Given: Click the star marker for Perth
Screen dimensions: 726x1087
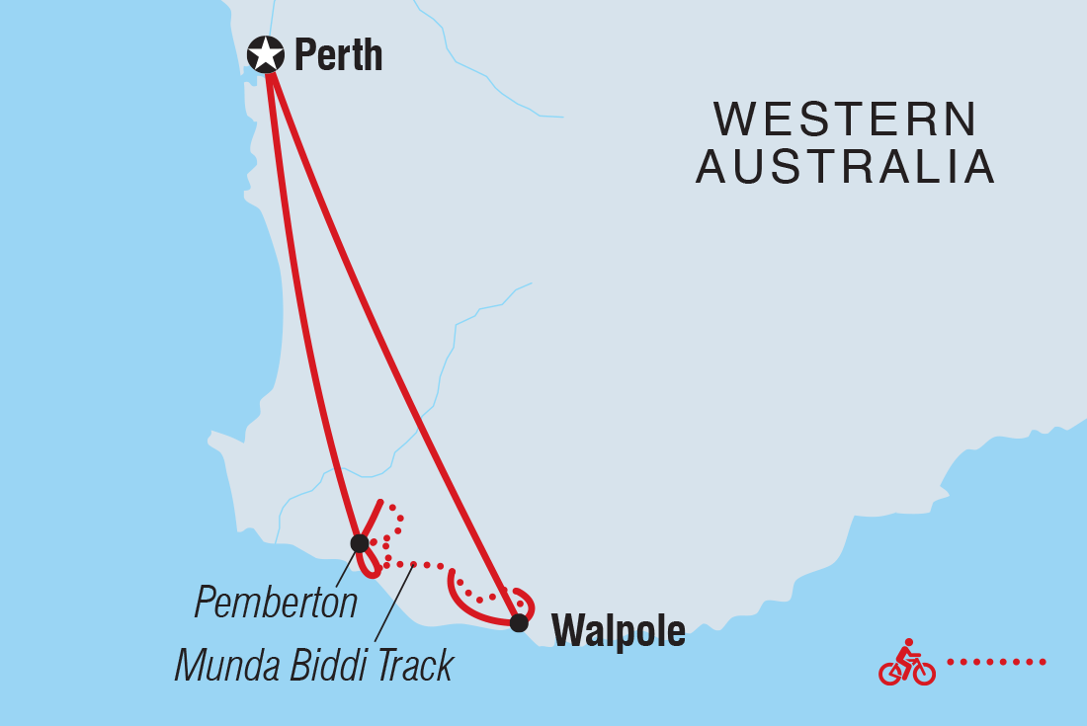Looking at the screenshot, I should click(x=265, y=54).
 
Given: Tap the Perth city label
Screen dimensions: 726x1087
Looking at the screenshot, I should click(x=338, y=55).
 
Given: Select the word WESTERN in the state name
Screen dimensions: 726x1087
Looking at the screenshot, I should click(x=846, y=121).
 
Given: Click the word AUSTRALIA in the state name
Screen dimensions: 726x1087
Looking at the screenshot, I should click(x=845, y=167).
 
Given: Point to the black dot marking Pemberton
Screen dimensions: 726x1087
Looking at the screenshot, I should click(x=360, y=543).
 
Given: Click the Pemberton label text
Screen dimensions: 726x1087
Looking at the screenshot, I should click(x=276, y=602).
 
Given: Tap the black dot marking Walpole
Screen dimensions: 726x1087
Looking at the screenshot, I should click(x=519, y=622).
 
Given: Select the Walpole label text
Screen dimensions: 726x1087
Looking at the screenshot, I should click(x=618, y=631).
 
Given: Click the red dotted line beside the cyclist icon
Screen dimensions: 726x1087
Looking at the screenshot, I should click(x=996, y=661).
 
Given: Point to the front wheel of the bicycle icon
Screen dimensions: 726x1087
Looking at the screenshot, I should click(x=923, y=673).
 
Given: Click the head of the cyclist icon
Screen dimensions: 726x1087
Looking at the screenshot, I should click(x=908, y=643).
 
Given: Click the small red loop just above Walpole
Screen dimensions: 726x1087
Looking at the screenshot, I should click(x=527, y=600).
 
